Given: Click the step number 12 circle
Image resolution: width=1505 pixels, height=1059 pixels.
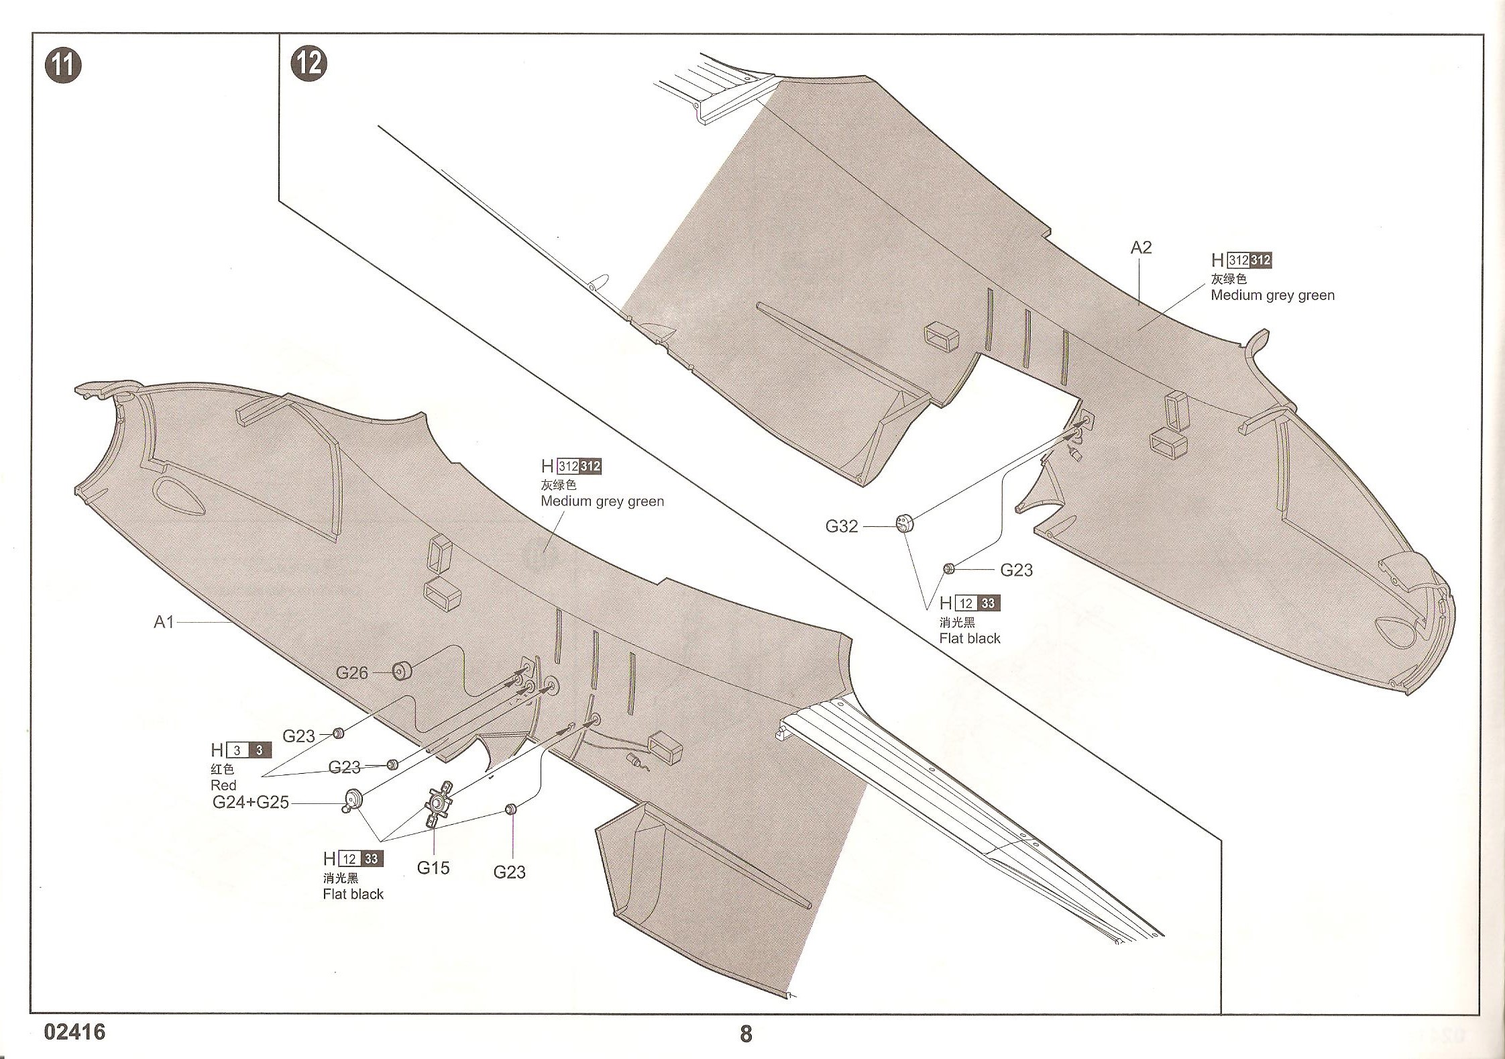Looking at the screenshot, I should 309,64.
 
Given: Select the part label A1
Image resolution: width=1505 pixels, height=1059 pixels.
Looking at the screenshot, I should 164,622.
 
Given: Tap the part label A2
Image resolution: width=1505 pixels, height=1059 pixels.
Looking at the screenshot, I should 1141,248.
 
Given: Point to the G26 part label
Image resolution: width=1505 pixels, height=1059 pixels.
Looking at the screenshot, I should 351,672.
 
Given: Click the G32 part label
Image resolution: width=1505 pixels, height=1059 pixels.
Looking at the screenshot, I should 842,526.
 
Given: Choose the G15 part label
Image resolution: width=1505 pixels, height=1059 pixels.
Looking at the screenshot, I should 433,868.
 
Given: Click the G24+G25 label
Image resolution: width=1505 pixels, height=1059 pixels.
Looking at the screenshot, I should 250,802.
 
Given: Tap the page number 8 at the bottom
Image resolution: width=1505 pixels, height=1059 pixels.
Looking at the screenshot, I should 746,1033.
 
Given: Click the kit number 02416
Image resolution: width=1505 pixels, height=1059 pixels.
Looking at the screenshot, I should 75,1031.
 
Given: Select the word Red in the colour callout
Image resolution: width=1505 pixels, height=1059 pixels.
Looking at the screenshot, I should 223,785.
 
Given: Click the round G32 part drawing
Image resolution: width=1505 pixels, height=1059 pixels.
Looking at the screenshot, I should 905,523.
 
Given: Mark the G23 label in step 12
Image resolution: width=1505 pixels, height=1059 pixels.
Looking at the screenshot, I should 1016,570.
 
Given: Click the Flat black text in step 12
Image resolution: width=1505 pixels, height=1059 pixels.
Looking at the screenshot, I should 970,638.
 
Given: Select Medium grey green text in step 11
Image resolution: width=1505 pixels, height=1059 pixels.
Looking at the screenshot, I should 602,501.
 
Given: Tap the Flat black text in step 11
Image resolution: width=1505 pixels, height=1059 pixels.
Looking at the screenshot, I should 353,894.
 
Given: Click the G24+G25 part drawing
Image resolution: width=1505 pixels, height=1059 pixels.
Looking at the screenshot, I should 353,799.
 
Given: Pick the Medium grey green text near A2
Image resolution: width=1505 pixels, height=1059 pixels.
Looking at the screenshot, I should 1272,295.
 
